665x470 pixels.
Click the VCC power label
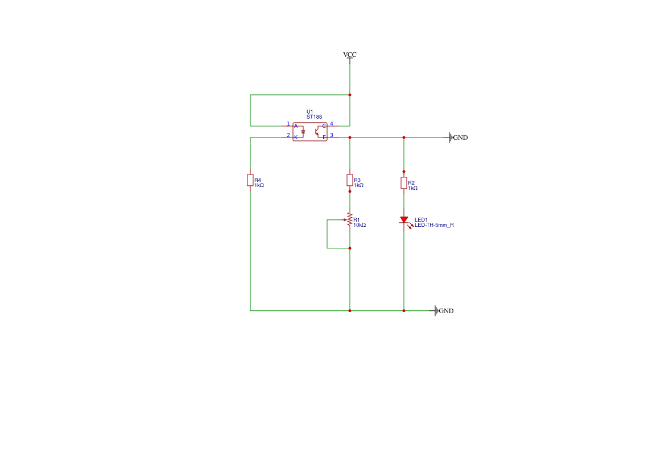pyautogui.click(x=349, y=55)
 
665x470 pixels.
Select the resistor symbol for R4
pyautogui.click(x=250, y=180)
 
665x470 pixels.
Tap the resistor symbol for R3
pyautogui.click(x=350, y=180)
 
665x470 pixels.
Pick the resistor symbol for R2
pyautogui.click(x=404, y=182)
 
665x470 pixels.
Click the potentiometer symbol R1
pyautogui.click(x=349, y=220)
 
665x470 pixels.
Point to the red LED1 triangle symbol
pyautogui.click(x=404, y=219)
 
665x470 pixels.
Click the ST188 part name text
pyautogui.click(x=314, y=117)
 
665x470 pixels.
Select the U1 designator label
pyautogui.click(x=310, y=112)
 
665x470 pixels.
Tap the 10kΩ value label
pyautogui.click(x=360, y=225)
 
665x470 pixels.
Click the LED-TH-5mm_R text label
pyautogui.click(x=434, y=225)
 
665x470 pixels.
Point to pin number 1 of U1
pyautogui.click(x=288, y=124)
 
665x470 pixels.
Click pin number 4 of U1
pyautogui.click(x=332, y=124)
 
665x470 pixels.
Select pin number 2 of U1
pyautogui.click(x=288, y=135)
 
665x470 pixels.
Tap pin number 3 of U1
pyautogui.click(x=332, y=135)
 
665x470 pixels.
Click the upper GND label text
pyautogui.click(x=460, y=138)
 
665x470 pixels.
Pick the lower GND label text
pyautogui.click(x=446, y=311)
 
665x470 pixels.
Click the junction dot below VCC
pyautogui.click(x=350, y=95)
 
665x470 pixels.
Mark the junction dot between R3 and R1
pyautogui.click(x=350, y=192)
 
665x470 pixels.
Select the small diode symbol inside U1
pyautogui.click(x=303, y=132)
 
